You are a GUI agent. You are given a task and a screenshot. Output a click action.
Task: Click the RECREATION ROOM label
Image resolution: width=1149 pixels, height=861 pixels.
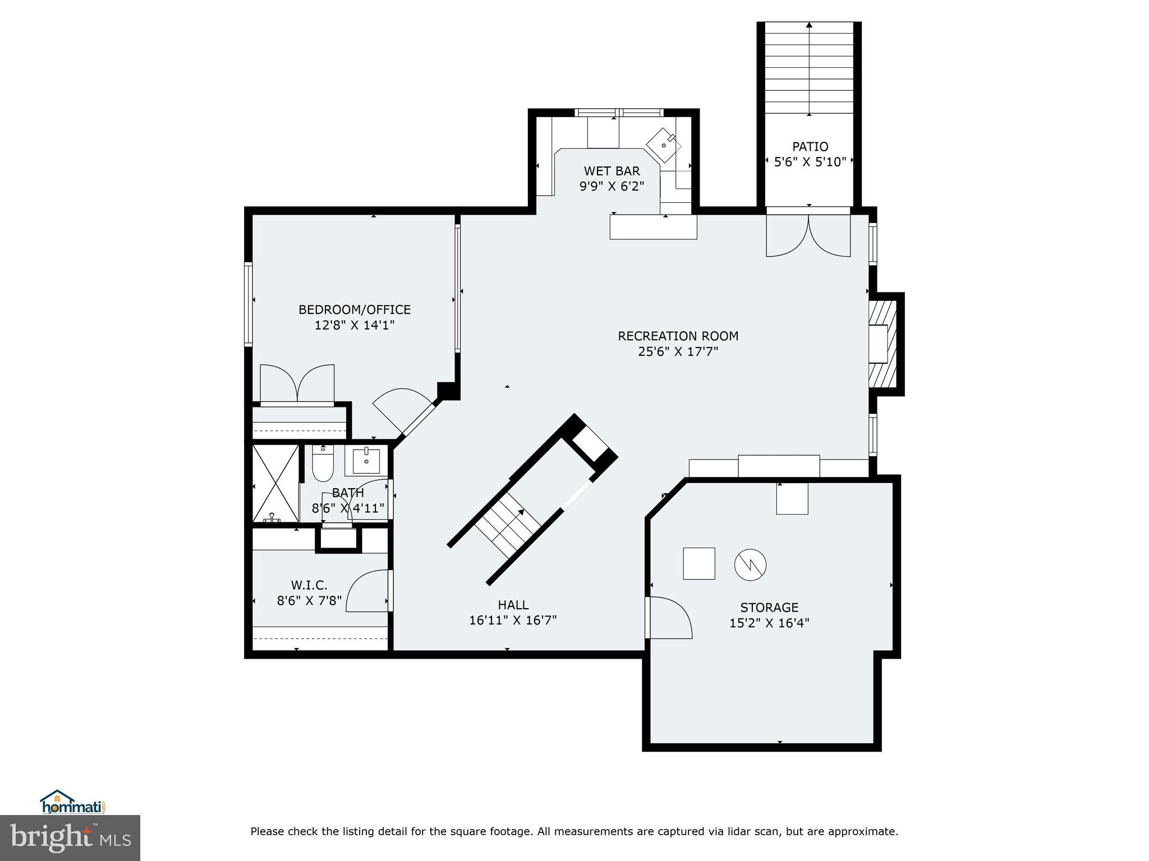coord(678,336)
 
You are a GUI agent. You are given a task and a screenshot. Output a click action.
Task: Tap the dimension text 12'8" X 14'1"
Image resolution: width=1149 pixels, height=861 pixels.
coord(355,325)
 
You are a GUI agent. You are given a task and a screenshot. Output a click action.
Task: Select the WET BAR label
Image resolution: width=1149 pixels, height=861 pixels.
coord(612,171)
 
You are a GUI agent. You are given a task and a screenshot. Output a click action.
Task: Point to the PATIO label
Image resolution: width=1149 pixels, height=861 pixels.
coord(810,147)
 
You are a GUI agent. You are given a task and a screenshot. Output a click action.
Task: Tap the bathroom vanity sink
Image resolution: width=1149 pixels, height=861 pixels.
coord(366,461)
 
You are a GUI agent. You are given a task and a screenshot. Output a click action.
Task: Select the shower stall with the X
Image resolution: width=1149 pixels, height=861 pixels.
coord(275,484)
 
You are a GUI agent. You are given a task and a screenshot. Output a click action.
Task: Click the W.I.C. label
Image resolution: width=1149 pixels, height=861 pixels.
coord(309,585)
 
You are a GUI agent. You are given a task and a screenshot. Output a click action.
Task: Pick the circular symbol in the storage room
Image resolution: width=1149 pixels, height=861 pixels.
coord(750,564)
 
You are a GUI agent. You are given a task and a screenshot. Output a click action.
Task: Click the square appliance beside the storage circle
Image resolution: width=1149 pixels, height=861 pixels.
coord(699,563)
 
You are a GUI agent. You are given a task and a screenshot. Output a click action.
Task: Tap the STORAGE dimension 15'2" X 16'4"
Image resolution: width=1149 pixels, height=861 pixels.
coord(769,623)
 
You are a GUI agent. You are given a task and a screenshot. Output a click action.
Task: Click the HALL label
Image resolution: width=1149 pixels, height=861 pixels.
coord(513,605)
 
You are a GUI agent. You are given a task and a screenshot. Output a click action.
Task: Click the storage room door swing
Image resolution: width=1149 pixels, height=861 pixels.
coord(669,617)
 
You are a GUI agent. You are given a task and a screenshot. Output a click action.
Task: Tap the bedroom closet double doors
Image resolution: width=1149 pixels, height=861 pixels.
coord(297,383)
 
